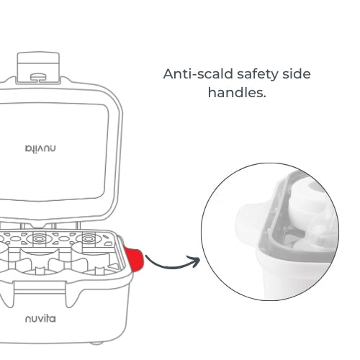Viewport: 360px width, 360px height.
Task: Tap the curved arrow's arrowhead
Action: [195, 261]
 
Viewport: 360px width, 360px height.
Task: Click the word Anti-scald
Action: [198, 73]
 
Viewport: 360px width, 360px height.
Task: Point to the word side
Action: [297, 73]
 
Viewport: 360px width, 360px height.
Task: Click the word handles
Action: [235, 92]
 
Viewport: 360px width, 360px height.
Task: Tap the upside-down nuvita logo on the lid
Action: [40, 149]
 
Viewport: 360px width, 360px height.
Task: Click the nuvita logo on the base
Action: [40, 319]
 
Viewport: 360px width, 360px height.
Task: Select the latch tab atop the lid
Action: [38, 68]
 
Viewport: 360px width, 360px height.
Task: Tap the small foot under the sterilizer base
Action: [96, 343]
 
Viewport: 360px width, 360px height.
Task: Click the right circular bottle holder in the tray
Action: [89, 239]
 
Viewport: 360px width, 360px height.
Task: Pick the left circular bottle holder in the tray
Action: [39, 239]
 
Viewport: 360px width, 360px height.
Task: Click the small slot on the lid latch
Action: [38, 77]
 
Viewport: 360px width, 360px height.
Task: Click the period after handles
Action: [264, 96]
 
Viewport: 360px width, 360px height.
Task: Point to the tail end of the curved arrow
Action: [146, 256]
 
